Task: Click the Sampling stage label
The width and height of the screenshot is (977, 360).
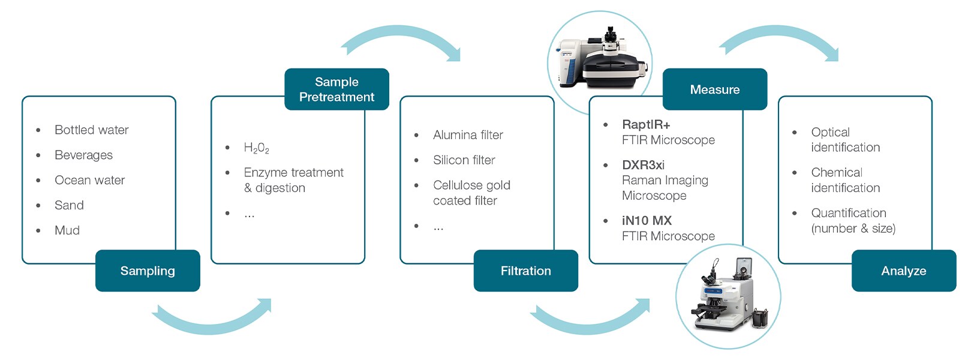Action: point(148,271)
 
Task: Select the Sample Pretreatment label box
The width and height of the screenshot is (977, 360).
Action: point(336,89)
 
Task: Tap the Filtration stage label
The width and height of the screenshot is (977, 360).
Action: point(525,271)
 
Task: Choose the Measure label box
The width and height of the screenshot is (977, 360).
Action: point(714,89)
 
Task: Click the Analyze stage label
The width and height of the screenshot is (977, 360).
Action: point(903,271)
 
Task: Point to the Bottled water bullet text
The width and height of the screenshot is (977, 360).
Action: point(91,130)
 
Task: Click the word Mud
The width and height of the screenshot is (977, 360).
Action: point(67,230)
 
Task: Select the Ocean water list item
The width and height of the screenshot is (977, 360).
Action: point(89,180)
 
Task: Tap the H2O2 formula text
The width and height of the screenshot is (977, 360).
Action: point(256,148)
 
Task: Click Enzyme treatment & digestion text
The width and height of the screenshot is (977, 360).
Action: point(293,180)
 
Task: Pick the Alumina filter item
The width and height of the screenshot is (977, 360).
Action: point(468,135)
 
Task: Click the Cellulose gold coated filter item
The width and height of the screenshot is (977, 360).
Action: point(471,193)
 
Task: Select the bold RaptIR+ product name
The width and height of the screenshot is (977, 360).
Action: point(645,124)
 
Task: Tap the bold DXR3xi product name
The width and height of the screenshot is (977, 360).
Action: point(643,164)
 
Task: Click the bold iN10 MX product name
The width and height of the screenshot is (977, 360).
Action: point(647,220)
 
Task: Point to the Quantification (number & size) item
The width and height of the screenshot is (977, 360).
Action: point(852,220)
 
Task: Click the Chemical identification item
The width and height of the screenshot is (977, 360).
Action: point(844,180)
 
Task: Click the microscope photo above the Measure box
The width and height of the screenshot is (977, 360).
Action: point(600,59)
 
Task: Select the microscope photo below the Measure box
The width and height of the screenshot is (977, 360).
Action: point(728,296)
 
